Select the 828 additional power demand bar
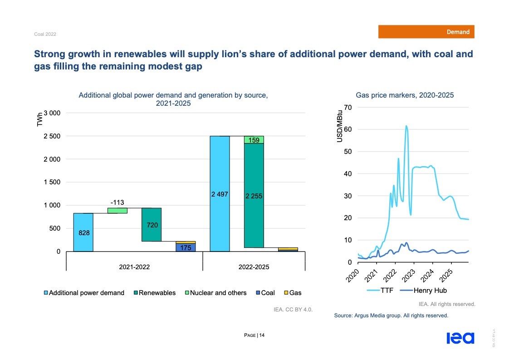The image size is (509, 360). [x=83, y=232]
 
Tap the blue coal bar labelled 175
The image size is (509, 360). [x=185, y=247]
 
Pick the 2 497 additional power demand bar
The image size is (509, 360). [x=219, y=193]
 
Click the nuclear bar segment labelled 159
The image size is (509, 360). [x=254, y=140]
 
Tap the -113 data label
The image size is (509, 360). [x=117, y=202]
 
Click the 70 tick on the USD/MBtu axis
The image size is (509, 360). [x=348, y=107]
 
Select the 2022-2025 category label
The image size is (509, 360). [x=254, y=267]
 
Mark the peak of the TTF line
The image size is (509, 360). [x=406, y=126]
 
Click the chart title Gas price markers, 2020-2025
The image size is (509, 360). [x=405, y=95]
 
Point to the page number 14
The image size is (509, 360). [x=262, y=335]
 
